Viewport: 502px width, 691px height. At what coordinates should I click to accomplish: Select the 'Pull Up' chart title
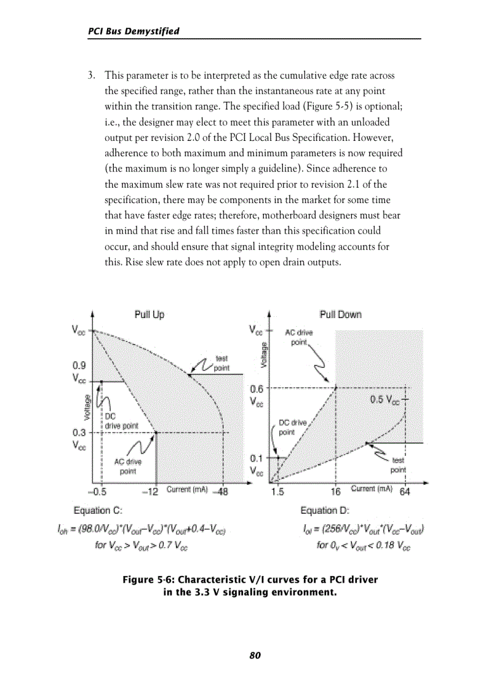(x=149, y=314)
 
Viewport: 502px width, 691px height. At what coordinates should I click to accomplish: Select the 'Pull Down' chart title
(x=340, y=314)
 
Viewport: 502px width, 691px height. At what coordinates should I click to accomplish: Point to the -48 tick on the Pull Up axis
(x=220, y=492)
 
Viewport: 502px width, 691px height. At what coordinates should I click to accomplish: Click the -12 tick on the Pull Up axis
(x=150, y=492)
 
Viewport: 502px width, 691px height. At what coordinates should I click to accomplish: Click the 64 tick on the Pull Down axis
(x=405, y=492)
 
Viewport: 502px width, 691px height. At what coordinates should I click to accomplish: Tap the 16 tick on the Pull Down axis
(x=335, y=492)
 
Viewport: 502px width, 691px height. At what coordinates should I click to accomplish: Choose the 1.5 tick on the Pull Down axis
(x=277, y=492)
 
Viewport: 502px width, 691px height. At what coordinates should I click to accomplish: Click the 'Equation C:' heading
(x=98, y=511)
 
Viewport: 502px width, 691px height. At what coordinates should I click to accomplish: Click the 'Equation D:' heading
(x=325, y=511)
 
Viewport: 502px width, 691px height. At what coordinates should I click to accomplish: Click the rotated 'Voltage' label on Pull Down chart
(x=265, y=355)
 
